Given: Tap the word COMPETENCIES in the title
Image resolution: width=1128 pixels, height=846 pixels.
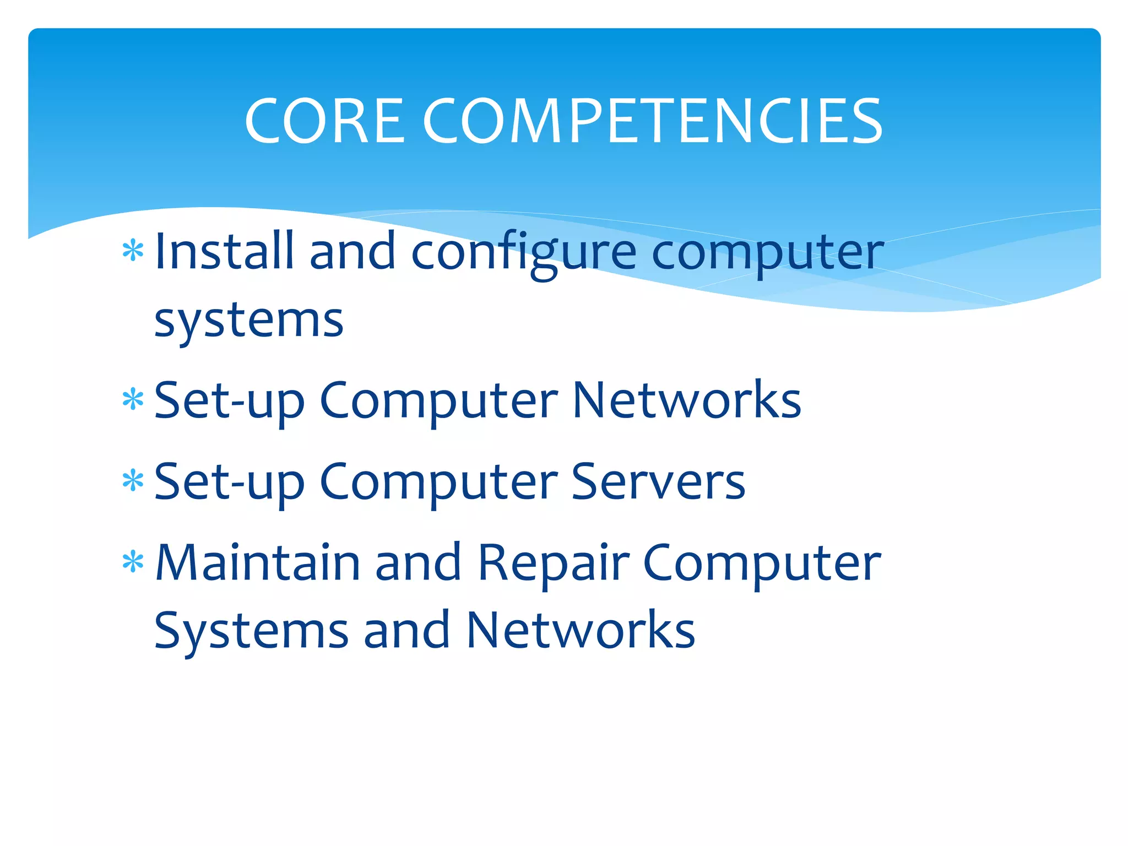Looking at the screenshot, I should point(653,121).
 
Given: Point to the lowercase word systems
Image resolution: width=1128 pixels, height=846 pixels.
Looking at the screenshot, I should point(249,321).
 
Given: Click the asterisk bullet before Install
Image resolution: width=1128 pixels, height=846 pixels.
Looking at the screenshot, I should point(133,252).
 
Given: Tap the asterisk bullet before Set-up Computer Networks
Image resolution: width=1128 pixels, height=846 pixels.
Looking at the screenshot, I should point(133,400).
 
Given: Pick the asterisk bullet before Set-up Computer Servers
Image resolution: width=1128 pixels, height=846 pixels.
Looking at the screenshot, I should point(133,481).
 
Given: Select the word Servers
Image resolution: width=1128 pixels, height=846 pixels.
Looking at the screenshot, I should point(658,481).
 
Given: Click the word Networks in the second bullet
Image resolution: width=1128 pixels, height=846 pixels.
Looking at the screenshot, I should point(687,400).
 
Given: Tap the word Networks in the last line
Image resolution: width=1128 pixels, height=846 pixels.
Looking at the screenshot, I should point(581,630).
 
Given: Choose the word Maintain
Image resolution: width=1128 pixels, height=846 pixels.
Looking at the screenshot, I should point(258,563).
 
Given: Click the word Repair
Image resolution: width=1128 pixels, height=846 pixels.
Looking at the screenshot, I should point(553,563).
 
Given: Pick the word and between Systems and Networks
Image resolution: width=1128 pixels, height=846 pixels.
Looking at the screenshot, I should point(406,630).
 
